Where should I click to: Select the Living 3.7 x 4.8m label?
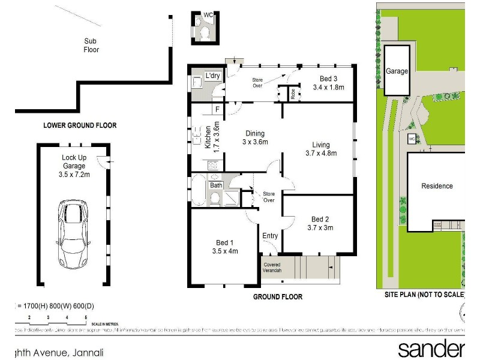[x=320, y=148]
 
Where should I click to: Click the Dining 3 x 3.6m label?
[x=254, y=137]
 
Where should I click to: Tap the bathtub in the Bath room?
[x=199, y=190]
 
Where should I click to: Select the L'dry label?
[x=212, y=77]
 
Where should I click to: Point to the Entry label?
[x=270, y=236]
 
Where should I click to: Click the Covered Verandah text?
[x=272, y=267]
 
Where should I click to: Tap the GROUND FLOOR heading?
[x=277, y=297]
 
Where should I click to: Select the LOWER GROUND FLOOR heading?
[x=80, y=125]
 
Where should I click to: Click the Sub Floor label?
[x=91, y=45]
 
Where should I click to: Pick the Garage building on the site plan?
[x=397, y=70]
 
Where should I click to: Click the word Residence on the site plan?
[x=437, y=186]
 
